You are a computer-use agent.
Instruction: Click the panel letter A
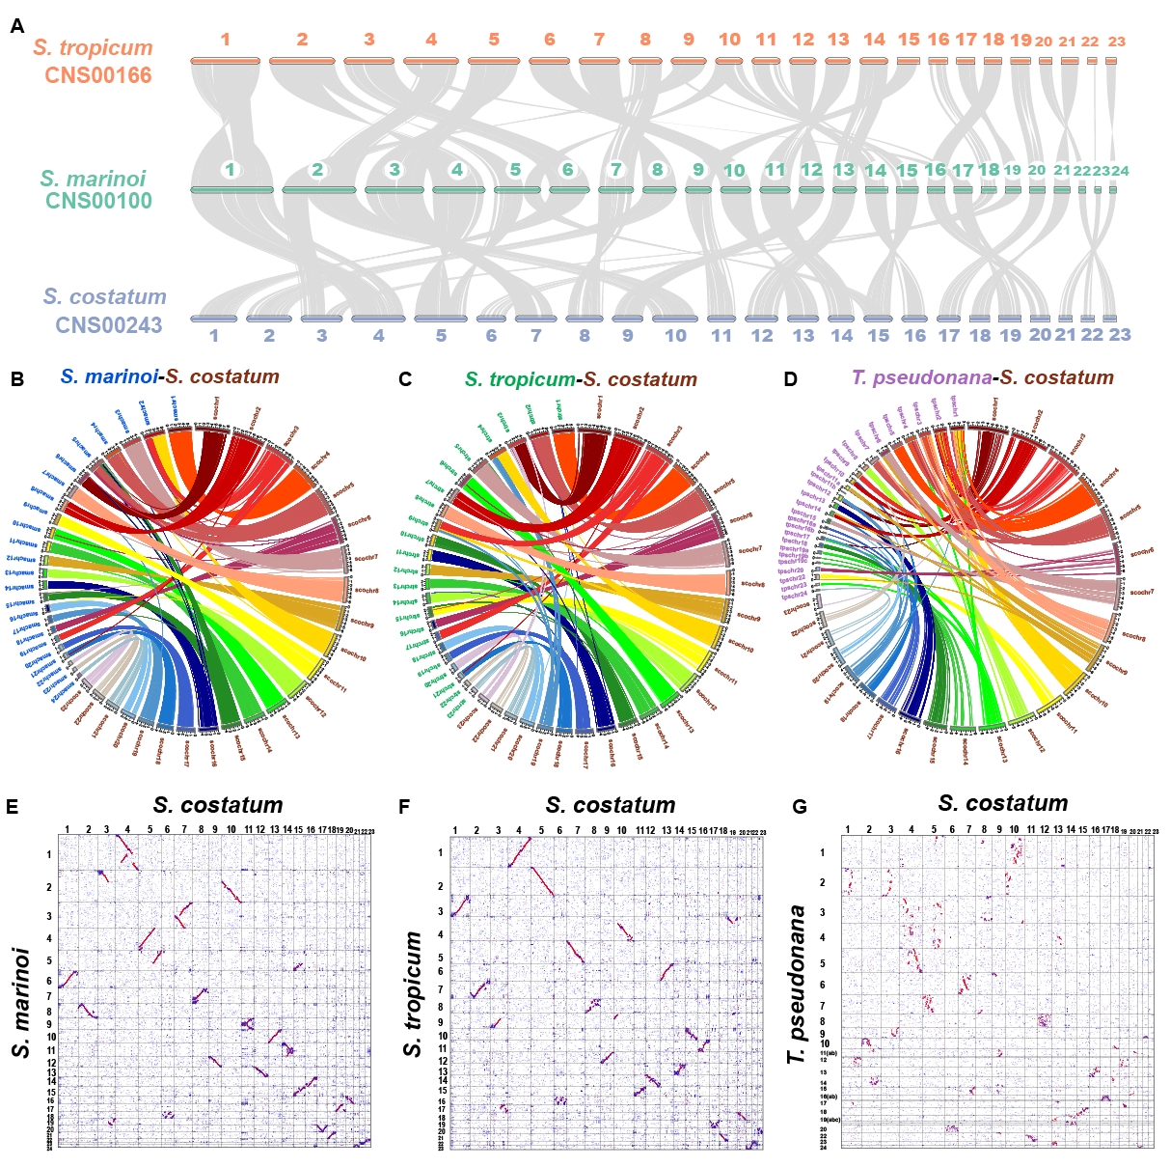click(17, 26)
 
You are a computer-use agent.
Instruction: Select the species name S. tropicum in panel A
click(93, 47)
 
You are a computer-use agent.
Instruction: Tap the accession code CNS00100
click(98, 201)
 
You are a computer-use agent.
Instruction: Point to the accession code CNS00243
click(109, 325)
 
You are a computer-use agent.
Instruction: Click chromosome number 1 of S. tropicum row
click(225, 40)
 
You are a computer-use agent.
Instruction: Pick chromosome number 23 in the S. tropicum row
click(1117, 42)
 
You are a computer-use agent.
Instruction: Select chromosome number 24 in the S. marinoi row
click(1120, 171)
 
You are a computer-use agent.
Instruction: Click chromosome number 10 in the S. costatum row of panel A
click(675, 336)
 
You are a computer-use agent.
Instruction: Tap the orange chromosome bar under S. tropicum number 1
click(226, 61)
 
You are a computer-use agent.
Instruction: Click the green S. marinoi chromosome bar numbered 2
click(318, 190)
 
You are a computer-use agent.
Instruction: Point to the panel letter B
click(17, 379)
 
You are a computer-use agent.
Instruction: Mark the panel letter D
click(791, 379)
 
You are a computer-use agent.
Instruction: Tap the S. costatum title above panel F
click(610, 805)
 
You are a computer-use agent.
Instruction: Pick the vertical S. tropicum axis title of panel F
click(413, 994)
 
